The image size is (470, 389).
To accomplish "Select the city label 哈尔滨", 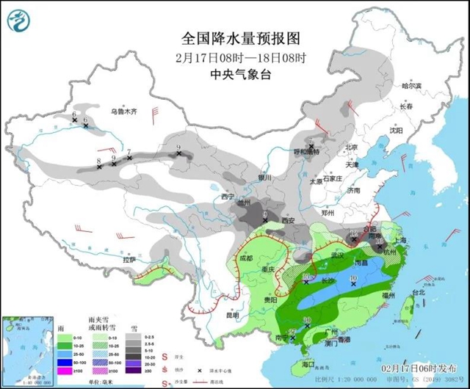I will (412, 86).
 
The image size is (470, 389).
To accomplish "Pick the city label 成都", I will (245, 258).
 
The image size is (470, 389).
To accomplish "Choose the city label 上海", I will (400, 240).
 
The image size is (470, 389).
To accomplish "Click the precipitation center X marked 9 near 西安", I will (265, 219).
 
